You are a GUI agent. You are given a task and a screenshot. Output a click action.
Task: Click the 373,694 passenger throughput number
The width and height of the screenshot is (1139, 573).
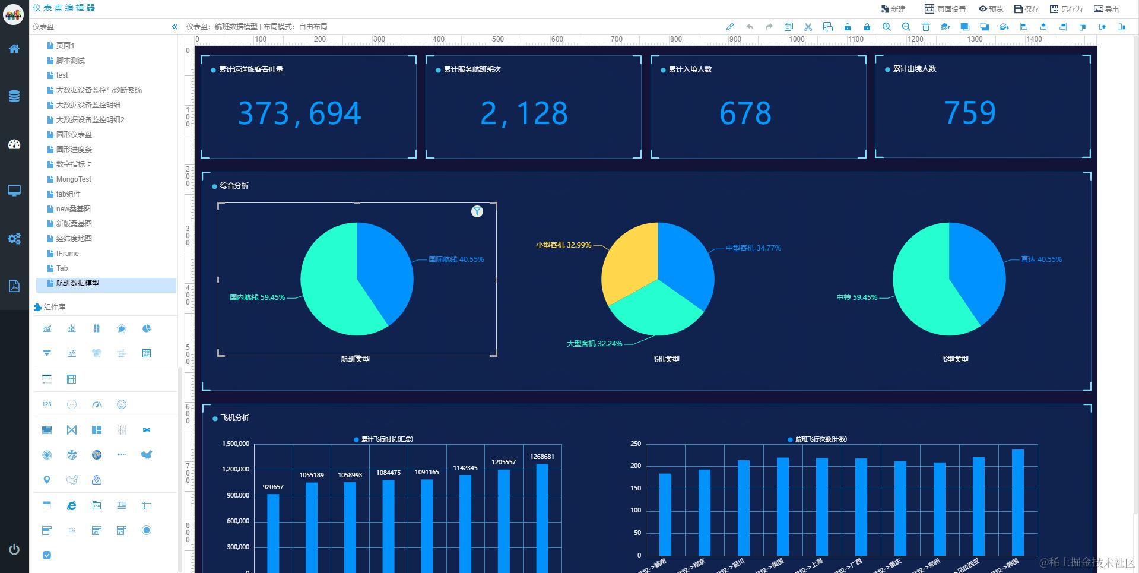[299, 113]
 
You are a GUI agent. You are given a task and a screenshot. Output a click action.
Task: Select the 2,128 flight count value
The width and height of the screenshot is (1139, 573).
[524, 113]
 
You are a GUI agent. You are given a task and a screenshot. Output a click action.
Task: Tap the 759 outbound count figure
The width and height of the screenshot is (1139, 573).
[970, 113]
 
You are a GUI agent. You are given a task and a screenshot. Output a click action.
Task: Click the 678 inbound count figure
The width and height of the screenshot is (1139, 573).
[745, 113]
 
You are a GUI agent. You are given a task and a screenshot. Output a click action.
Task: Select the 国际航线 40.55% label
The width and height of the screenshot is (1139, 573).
[456, 259]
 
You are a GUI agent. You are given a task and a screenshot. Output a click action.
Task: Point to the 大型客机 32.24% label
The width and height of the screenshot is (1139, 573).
[594, 344]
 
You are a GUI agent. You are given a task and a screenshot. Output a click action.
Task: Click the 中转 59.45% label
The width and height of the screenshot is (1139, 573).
[856, 297]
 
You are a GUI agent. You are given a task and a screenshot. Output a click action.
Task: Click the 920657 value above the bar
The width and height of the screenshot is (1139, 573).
[273, 487]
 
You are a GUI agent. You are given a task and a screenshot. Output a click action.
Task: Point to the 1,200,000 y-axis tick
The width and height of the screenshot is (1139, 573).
[236, 469]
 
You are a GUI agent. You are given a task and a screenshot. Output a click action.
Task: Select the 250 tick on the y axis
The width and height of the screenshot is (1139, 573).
[636, 444]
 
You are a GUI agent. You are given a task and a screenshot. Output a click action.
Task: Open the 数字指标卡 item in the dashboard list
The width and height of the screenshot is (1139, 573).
[74, 164]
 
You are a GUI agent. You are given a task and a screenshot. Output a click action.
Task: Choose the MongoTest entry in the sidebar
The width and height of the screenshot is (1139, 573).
[74, 179]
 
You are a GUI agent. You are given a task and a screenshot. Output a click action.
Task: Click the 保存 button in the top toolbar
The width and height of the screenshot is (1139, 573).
[1026, 9]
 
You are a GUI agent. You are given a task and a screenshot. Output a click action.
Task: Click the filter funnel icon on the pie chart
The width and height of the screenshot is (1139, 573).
[477, 211]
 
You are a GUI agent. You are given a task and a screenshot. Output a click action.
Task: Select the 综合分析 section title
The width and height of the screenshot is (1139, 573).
[234, 186]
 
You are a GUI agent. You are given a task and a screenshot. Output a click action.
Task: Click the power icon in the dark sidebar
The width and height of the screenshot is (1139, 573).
[14, 549]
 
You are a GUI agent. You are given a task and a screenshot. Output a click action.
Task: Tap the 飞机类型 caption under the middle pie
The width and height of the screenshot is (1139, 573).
[665, 359]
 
